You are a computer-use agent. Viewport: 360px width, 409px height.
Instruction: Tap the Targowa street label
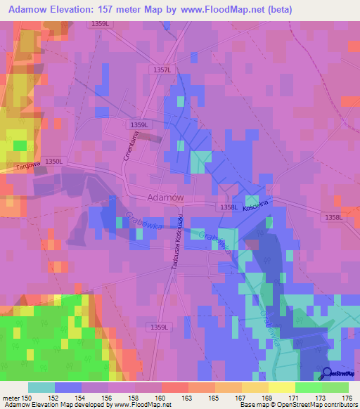(26, 167)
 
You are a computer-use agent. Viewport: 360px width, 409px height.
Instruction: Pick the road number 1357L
(162, 70)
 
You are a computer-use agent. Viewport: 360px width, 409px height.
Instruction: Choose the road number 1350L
(54, 161)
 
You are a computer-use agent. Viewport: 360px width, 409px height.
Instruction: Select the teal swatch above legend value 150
(41, 387)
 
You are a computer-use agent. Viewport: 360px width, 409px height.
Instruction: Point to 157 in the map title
(105, 9)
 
